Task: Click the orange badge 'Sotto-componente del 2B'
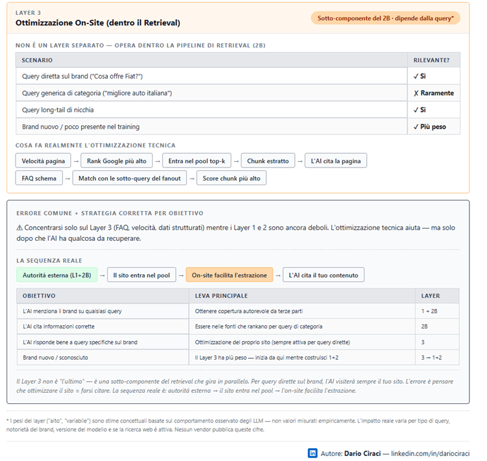385,18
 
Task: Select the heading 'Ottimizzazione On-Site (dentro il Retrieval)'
98,23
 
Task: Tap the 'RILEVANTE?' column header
432,60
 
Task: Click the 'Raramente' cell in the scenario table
433,93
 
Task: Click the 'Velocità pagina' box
43,160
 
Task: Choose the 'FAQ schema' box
38,178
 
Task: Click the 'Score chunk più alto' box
231,178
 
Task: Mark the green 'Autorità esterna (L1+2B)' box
57,275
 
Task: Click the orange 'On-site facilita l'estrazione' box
229,275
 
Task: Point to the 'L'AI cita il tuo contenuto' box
323,275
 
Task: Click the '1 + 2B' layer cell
431,311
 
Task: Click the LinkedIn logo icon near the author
312,453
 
